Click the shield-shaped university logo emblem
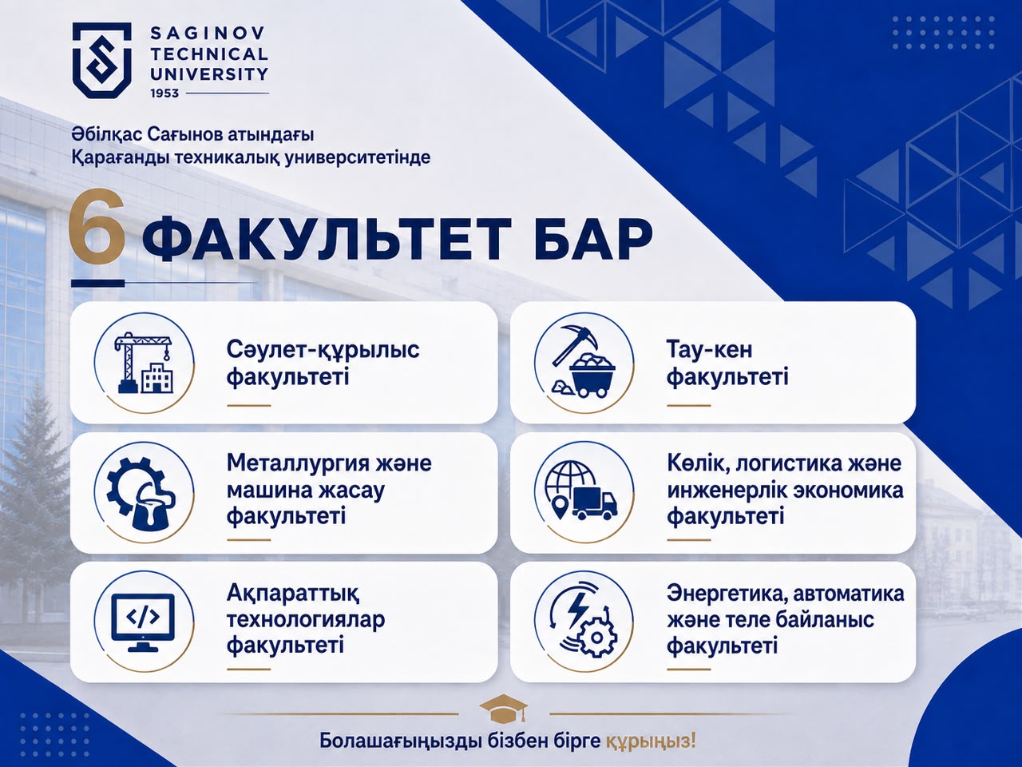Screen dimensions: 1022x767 (102, 60)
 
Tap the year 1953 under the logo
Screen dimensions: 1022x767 (164, 93)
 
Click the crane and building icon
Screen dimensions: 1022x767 (145, 363)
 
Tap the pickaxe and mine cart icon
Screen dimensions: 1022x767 (584, 364)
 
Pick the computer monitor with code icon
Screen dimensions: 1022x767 (144, 622)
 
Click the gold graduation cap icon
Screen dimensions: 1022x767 (504, 710)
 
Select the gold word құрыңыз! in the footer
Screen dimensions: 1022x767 (651, 741)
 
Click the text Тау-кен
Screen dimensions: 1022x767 (709, 349)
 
